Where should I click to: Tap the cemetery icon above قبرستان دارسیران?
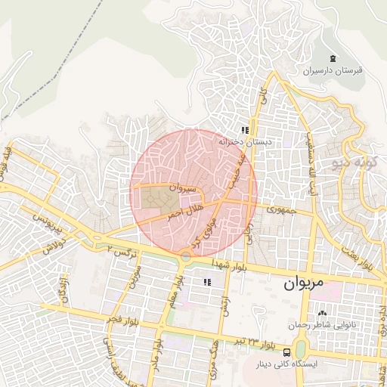(x=333, y=59)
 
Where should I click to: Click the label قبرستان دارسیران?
(x=334, y=71)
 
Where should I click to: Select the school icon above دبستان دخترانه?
(x=245, y=130)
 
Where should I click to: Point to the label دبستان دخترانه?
(x=244, y=141)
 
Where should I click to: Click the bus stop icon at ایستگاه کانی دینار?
(x=286, y=352)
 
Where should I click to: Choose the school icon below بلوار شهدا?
(x=206, y=282)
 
